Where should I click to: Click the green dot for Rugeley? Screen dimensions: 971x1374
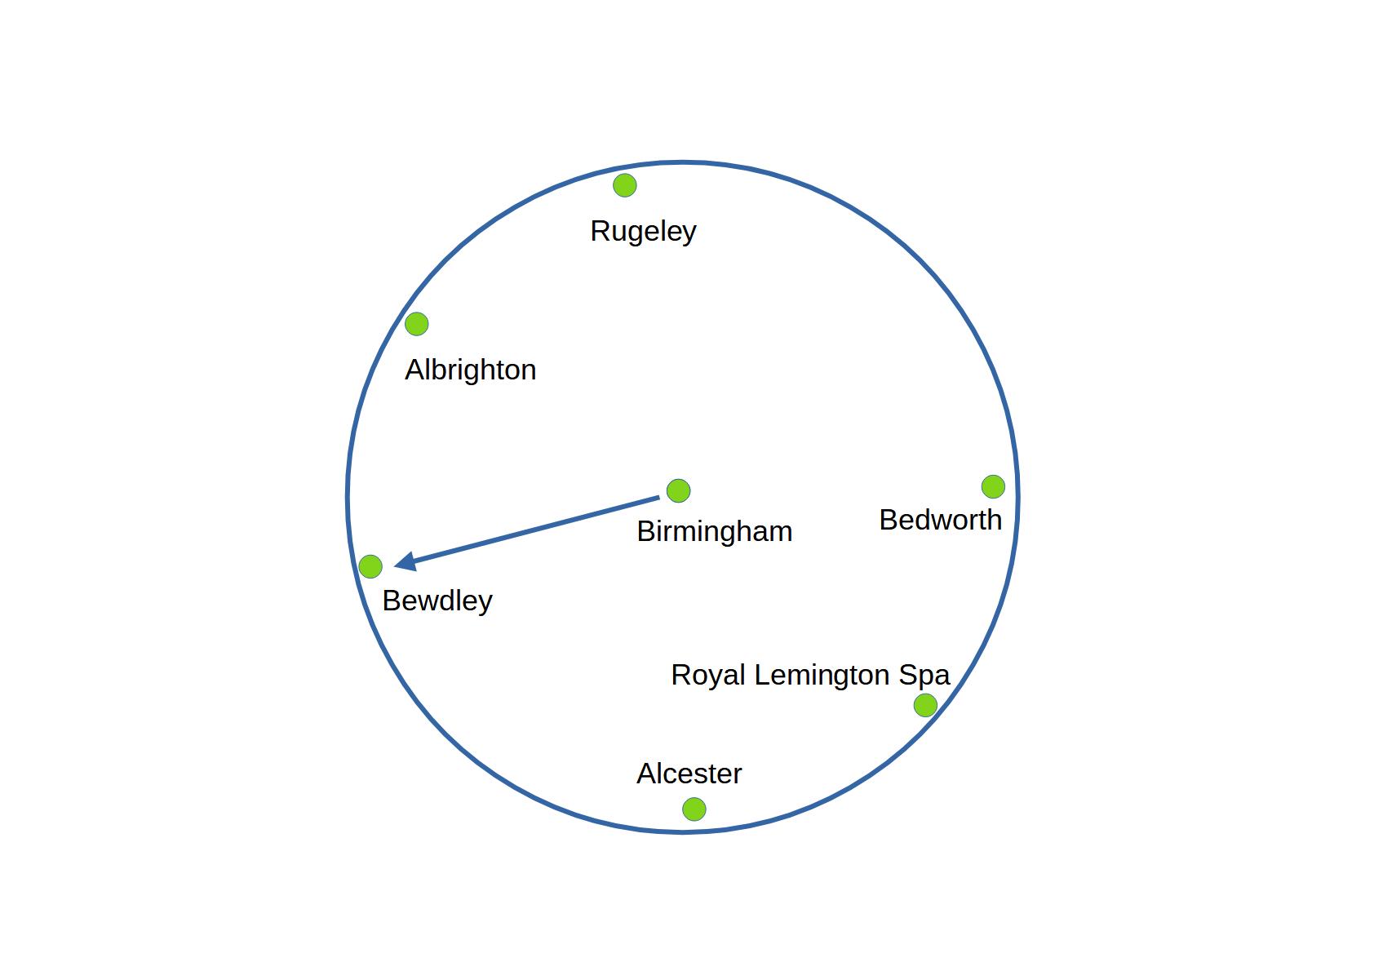click(624, 185)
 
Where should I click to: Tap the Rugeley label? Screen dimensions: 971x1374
click(643, 231)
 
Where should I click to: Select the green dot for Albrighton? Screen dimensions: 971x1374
click(416, 324)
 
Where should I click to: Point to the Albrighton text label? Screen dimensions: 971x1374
click(470, 370)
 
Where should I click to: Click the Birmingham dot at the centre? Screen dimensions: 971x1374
click(678, 490)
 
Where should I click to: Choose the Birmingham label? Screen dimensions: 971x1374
click(714, 531)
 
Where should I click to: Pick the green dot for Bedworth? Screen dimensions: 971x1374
click(992, 486)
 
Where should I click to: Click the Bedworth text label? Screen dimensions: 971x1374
click(940, 520)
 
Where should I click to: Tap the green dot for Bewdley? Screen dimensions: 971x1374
click(370, 566)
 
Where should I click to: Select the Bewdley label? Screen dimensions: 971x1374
click(437, 601)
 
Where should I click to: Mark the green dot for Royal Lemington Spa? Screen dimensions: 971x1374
click(924, 705)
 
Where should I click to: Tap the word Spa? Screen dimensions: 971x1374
click(924, 676)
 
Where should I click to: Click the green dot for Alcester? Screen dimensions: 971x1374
click(694, 809)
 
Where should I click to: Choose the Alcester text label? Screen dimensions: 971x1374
click(689, 774)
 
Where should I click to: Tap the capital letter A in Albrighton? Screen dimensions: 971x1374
click(414, 370)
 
